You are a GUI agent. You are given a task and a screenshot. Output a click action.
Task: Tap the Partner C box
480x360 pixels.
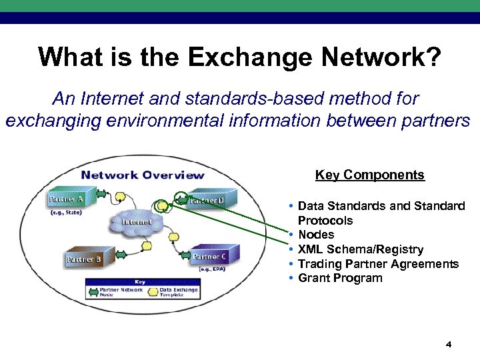pos(209,257)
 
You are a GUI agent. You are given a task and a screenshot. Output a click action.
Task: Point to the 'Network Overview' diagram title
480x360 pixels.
pos(142,175)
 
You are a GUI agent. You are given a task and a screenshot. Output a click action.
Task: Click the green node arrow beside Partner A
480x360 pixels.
pos(101,195)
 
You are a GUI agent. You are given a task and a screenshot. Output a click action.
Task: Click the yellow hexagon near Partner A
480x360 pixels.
pos(120,198)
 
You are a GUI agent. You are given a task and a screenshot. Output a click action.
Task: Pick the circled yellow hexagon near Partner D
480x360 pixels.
pos(160,206)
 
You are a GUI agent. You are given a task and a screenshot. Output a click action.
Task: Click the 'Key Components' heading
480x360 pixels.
pos(369,175)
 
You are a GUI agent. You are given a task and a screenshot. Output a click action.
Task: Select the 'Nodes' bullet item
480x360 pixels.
pos(316,235)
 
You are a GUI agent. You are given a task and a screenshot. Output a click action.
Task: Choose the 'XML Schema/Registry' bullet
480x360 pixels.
pos(360,249)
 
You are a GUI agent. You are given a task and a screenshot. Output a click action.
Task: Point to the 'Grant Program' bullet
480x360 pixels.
pos(340,278)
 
